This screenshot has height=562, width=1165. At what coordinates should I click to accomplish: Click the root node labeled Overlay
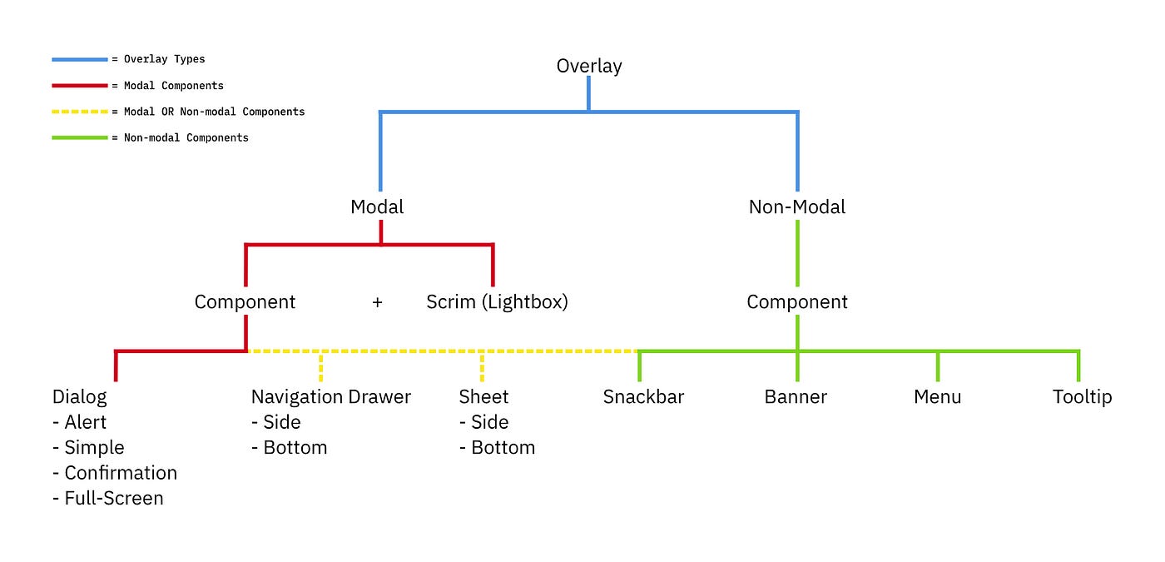click(588, 66)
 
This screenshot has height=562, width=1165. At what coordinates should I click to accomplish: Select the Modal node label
click(377, 206)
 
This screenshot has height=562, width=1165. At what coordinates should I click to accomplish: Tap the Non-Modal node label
click(796, 206)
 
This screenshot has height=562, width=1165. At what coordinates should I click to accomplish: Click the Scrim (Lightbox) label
click(497, 301)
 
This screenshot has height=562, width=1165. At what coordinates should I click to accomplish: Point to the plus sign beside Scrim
click(377, 302)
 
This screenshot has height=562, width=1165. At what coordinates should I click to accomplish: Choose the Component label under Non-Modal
click(796, 301)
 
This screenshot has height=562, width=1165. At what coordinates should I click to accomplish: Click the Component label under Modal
click(245, 301)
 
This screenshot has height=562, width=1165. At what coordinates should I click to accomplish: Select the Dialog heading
click(79, 396)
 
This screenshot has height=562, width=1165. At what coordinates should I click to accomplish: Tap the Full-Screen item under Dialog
click(113, 498)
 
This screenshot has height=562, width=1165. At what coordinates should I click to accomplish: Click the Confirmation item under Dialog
click(120, 473)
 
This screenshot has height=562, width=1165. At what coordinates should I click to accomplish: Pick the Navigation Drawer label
click(330, 396)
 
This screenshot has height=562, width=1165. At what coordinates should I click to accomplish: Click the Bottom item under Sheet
click(503, 447)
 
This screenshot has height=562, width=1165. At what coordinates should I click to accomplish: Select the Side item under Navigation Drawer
click(281, 422)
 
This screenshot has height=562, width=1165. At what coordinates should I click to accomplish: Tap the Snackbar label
click(643, 396)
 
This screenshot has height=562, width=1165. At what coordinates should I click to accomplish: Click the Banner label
click(796, 396)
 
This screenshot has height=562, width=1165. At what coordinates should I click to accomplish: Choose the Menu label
click(937, 396)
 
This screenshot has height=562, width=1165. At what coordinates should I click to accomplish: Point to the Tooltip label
click(1082, 396)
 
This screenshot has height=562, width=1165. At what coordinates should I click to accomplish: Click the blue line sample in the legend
click(79, 59)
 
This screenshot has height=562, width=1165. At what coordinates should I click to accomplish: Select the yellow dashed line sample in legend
click(79, 112)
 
